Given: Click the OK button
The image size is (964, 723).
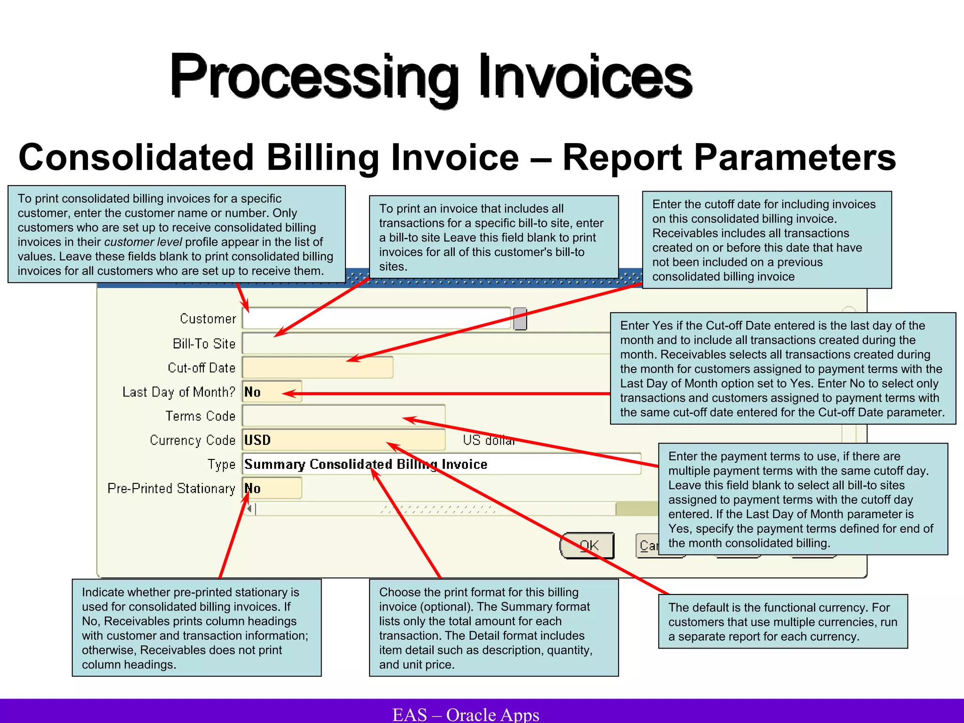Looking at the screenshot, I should (587, 546).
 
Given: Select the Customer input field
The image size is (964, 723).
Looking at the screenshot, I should (377, 319).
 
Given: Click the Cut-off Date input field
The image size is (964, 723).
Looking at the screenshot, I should (318, 368).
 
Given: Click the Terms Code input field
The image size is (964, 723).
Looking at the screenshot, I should (344, 416).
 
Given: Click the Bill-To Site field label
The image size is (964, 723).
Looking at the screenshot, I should (204, 344).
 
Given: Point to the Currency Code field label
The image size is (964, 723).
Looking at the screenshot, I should (193, 440).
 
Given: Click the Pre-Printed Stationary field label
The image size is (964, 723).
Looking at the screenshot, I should (171, 489).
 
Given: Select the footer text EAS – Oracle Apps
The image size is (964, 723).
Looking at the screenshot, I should (466, 714).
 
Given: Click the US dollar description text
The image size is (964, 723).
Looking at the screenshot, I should (489, 440).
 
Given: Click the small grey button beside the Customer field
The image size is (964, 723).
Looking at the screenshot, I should (520, 319).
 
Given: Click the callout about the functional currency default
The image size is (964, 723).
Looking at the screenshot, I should (782, 621).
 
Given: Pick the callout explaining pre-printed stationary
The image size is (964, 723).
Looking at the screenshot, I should (196, 628).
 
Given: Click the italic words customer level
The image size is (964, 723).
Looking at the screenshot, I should (143, 242).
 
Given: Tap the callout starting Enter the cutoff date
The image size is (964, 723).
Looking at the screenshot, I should (766, 240).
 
